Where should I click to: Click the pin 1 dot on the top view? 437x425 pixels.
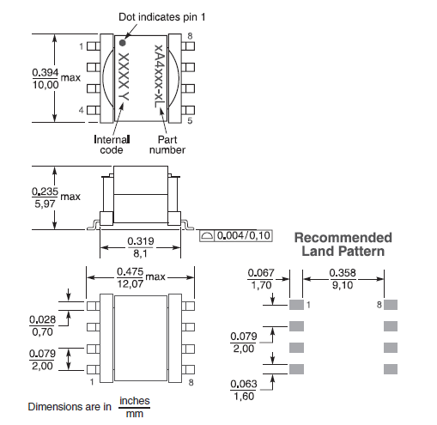click(x=123, y=43)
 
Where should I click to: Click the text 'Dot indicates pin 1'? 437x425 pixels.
click(x=162, y=17)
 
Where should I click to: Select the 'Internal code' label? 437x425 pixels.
click(x=112, y=145)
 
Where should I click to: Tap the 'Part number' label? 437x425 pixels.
click(x=167, y=145)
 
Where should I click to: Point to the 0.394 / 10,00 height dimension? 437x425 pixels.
click(x=46, y=78)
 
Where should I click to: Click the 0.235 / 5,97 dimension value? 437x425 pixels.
click(x=45, y=197)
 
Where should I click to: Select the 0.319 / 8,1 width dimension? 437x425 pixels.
click(x=140, y=247)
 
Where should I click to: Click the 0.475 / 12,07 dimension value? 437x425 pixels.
click(x=130, y=277)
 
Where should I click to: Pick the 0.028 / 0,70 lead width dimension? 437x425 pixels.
click(x=42, y=325)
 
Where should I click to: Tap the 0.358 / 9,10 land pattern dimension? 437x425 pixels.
click(x=343, y=279)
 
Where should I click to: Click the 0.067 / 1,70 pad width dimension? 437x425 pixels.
click(x=261, y=279)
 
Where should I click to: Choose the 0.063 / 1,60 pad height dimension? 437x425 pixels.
click(x=244, y=390)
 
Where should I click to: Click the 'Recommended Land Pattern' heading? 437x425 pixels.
click(x=343, y=245)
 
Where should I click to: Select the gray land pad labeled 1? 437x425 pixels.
click(x=296, y=305)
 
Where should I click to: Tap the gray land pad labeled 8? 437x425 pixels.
click(x=391, y=305)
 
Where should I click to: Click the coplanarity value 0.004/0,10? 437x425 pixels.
click(x=244, y=235)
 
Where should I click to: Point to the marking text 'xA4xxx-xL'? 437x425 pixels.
click(x=159, y=76)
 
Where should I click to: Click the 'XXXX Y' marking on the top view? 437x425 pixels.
click(x=124, y=76)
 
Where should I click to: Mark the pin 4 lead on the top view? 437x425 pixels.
click(x=94, y=110)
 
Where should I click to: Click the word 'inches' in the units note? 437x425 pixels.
click(x=135, y=401)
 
